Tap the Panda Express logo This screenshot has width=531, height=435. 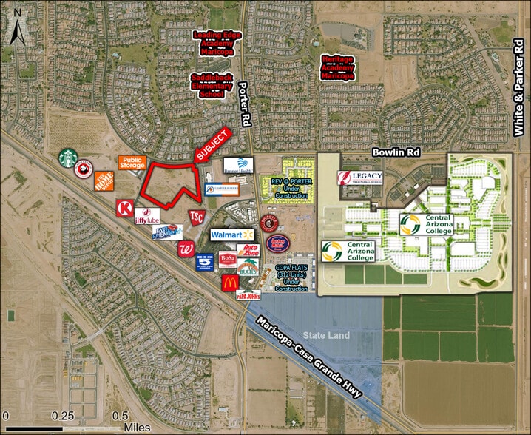coord(86,169)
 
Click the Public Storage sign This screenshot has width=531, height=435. coord(132,163)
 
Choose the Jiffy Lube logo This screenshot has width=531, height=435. coord(147,217)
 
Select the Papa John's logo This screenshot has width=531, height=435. coord(248,294)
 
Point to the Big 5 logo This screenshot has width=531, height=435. coord(205,261)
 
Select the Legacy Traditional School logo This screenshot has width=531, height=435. coord(361,178)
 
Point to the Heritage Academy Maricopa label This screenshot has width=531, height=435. coord(337,67)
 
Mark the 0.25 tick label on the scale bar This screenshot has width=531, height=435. coord(69,415)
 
